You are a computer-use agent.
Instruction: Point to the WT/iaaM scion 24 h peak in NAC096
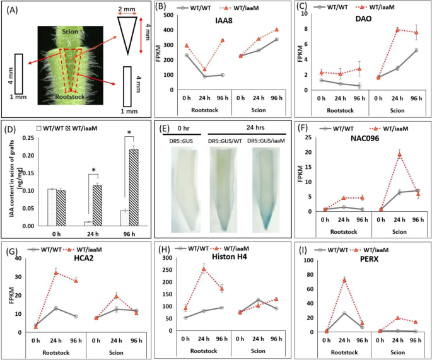tap(399, 154)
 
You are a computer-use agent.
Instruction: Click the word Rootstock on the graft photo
tap(69, 99)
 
